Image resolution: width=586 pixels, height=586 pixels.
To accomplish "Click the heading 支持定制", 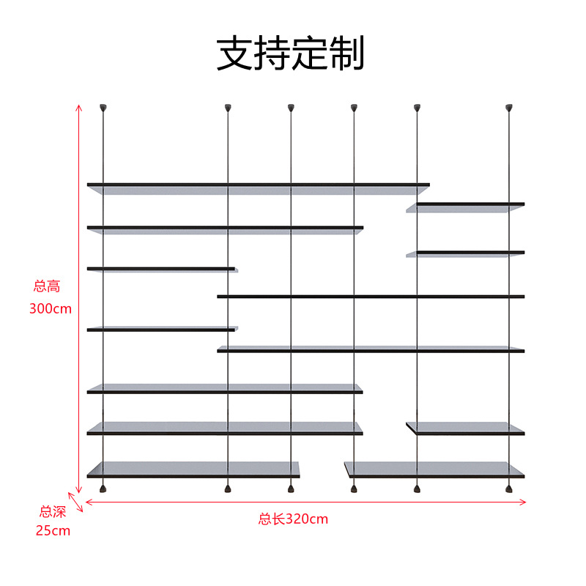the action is (x=291, y=53).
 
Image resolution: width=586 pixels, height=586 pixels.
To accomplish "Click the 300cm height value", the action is (x=51, y=308).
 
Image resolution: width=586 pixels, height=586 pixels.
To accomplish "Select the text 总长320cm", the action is (x=293, y=519).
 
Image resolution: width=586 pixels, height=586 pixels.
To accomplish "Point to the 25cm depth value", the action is (x=53, y=530).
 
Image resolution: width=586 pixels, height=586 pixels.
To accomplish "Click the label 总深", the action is (x=53, y=512).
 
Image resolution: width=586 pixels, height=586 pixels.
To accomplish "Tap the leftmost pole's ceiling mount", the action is (x=103, y=108).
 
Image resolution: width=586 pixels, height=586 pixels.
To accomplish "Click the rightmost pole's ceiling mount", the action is (x=508, y=108).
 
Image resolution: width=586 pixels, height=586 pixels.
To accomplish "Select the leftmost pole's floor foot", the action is (x=103, y=487).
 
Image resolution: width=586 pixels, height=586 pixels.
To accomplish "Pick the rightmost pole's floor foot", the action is (x=508, y=487).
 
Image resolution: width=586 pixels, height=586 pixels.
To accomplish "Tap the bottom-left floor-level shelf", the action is (x=193, y=470).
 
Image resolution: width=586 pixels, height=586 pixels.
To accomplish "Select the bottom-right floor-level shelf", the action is (x=434, y=470).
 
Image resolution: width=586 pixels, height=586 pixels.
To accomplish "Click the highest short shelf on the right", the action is (x=466, y=207).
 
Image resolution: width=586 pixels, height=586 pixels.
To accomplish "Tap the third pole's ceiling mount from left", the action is (x=291, y=108).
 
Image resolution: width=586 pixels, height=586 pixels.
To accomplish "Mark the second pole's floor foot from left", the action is (x=228, y=487).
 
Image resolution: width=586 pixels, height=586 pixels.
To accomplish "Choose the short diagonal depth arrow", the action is (x=78, y=501).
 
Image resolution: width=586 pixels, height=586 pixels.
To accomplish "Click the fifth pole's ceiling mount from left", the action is (x=417, y=108).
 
